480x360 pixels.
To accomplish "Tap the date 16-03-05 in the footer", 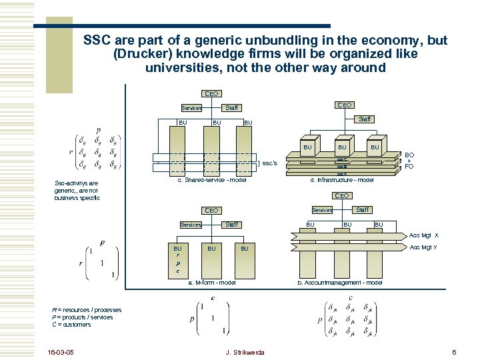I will pos(62,351).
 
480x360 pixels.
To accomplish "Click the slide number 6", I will pos(453,351).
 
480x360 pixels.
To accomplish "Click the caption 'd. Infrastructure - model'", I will pos(343,181).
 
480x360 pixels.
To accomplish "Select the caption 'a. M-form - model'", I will pos(211,283).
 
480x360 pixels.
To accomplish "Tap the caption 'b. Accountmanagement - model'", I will pos(340,283).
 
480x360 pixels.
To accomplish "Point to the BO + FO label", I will pos(409,160).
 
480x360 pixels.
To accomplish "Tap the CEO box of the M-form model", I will pos(211,211).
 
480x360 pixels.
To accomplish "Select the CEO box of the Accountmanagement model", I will pos(341,196).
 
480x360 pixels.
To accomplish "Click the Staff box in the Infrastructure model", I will pos(365,119).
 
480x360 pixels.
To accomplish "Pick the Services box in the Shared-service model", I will pos(191,108).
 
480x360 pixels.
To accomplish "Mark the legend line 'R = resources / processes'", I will pos(87,310).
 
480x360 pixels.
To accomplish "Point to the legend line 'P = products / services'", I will pos(83,317).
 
